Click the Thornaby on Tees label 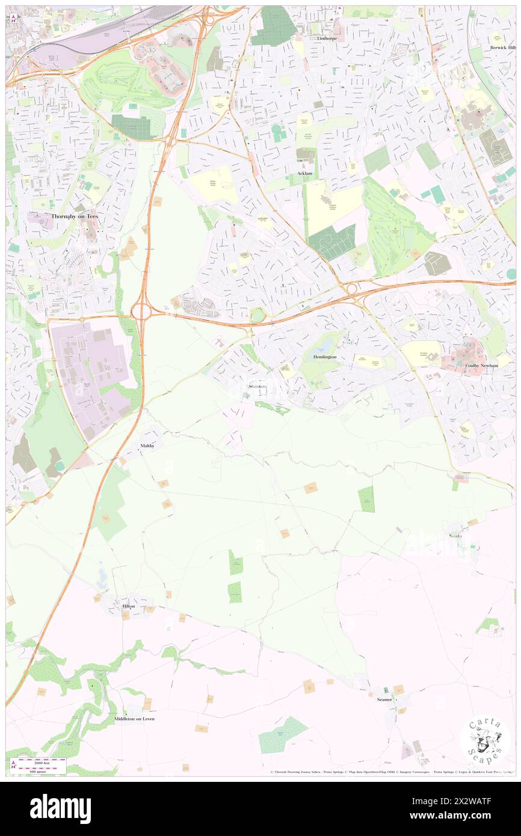pos(66,216)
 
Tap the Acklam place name pos(306,173)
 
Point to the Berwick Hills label pos(502,48)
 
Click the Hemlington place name pos(324,357)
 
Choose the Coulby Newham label pos(481,365)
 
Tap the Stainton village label pos(257,386)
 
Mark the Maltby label pos(148,446)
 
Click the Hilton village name pos(129,606)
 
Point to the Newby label pos(455,536)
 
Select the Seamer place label pos(384,699)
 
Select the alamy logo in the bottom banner pos(60,808)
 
